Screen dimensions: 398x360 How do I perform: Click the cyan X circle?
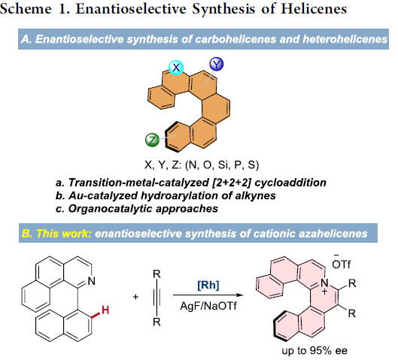click(176, 68)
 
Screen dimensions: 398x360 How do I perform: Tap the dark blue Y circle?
click(217, 64)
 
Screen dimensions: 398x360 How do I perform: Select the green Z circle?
click(152, 140)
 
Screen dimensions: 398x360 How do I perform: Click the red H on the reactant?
click(105, 310)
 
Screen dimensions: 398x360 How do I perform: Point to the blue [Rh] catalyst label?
click(208, 285)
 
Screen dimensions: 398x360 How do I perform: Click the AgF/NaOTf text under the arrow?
click(208, 306)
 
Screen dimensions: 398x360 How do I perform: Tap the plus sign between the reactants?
click(135, 297)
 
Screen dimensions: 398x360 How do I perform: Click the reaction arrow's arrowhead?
click(240, 295)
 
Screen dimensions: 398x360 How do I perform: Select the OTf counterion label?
click(341, 263)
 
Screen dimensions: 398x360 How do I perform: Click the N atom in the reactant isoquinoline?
click(91, 280)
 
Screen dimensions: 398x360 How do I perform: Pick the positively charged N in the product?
click(324, 283)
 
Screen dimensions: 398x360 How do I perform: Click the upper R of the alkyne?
click(156, 274)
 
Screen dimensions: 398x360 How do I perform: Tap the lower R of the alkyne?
click(156, 322)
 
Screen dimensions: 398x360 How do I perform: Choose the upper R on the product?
click(352, 283)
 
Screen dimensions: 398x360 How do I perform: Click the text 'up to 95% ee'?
click(314, 351)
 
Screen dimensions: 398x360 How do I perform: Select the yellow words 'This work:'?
click(64, 234)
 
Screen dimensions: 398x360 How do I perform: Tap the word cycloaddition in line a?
click(290, 183)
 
